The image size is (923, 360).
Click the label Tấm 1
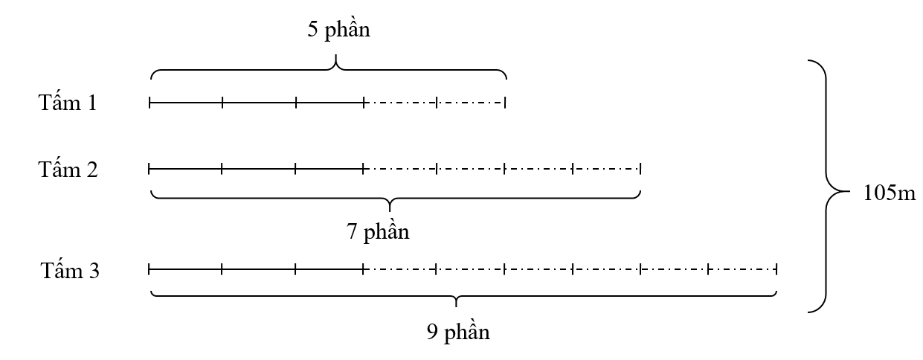[68, 102]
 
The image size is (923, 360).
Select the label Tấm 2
[68, 170]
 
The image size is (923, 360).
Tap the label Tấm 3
[69, 271]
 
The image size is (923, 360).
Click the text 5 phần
[338, 30]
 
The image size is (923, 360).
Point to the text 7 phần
[378, 231]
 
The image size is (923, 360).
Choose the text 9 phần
[458, 331]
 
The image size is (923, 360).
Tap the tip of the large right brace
[847, 190]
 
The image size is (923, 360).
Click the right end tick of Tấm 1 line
[505, 102]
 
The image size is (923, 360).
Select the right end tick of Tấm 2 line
[640, 169]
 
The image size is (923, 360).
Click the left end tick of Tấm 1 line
[149, 102]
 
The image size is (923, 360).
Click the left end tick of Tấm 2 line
[149, 169]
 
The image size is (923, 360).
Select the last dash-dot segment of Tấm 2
[606, 169]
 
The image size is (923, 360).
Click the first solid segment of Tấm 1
[186, 102]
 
